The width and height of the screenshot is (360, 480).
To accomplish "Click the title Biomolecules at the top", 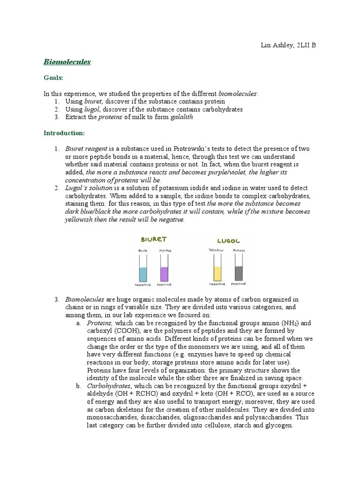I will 67,61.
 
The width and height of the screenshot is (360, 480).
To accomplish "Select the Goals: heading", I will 53,78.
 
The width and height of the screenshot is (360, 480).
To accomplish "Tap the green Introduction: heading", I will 64,133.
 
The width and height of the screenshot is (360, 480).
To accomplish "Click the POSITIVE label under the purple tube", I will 165,285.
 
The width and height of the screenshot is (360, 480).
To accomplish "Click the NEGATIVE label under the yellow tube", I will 217,285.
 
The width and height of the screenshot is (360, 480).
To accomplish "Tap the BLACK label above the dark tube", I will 239,251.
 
